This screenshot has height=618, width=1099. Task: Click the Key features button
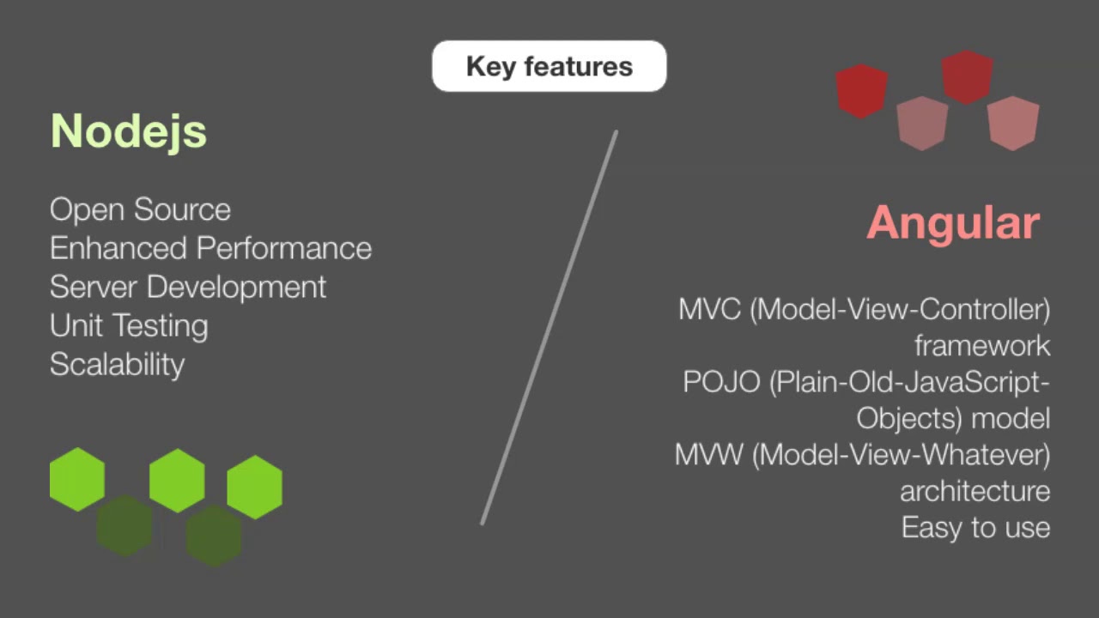(x=549, y=66)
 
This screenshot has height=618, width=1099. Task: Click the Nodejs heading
(x=129, y=131)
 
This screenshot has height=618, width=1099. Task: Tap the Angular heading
(x=952, y=223)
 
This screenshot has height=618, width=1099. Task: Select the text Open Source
(x=140, y=209)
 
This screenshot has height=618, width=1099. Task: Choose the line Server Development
(x=187, y=287)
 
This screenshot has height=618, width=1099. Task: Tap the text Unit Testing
(x=129, y=325)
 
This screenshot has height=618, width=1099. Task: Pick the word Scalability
(x=117, y=364)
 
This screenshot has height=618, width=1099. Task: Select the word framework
(x=981, y=346)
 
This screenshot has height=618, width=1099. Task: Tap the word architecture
(x=975, y=491)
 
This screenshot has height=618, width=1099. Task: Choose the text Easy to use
(x=975, y=527)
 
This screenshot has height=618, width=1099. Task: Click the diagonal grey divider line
(x=549, y=326)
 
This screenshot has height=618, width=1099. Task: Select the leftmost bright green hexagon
(x=77, y=479)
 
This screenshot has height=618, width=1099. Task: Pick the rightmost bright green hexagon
(x=254, y=487)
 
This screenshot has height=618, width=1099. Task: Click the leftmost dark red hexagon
(x=861, y=91)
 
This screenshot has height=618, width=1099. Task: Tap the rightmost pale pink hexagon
(x=1013, y=123)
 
